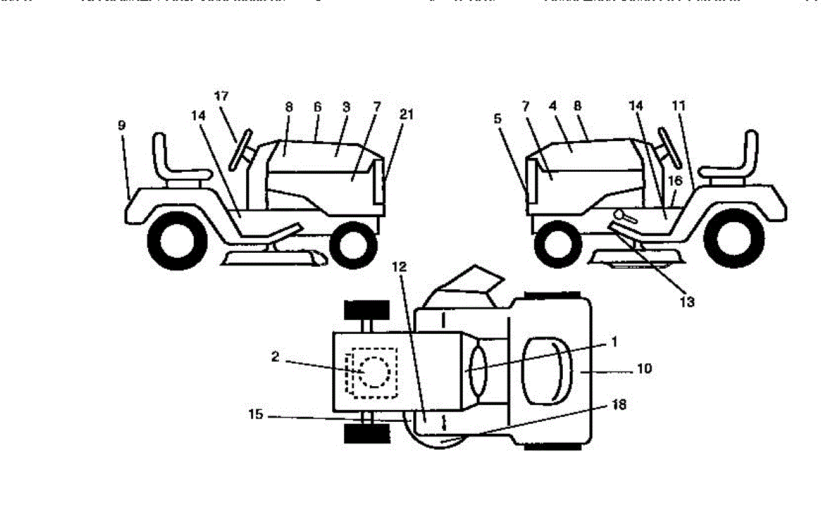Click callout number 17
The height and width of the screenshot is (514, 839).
click(x=222, y=96)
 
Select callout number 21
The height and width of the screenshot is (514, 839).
click(x=406, y=115)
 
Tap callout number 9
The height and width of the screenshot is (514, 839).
click(x=122, y=126)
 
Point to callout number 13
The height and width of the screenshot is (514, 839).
click(x=687, y=302)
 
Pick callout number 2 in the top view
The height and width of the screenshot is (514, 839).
click(x=275, y=357)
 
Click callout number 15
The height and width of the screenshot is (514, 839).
click(x=255, y=415)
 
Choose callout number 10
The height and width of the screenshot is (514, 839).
click(x=644, y=368)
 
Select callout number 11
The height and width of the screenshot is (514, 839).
click(x=679, y=106)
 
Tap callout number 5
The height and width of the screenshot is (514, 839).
click(x=498, y=119)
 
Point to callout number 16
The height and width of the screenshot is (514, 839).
click(x=675, y=180)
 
